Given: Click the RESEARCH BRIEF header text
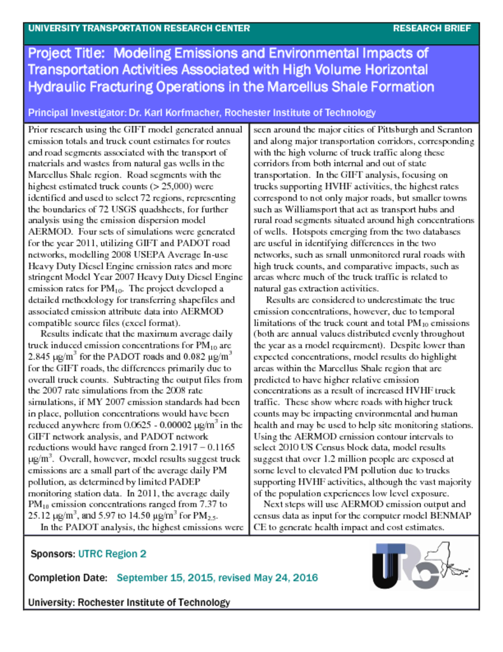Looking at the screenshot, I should click(x=432, y=29).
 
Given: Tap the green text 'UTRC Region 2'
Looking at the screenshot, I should click(x=112, y=554).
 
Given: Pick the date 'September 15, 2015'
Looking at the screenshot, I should click(x=165, y=578).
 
